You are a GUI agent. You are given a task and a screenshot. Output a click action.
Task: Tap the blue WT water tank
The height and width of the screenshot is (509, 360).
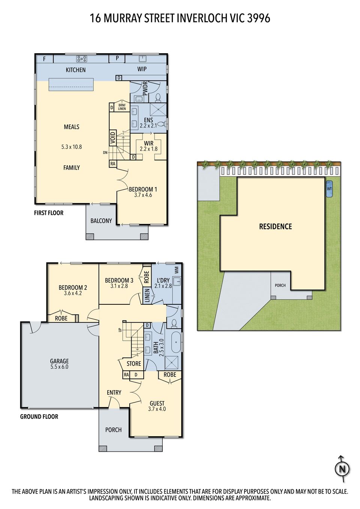point(329,189)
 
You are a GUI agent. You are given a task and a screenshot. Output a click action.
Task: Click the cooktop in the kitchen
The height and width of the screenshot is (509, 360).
point(82,59)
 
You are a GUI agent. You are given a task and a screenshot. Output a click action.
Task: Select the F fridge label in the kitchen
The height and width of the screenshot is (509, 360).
point(44,59)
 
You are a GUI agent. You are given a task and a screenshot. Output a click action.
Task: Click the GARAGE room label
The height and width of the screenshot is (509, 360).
point(59,361)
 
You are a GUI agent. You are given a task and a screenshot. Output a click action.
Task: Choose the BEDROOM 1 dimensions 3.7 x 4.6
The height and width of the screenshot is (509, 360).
point(143,195)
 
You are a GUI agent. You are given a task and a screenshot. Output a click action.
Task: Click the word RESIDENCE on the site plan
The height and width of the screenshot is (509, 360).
point(276,226)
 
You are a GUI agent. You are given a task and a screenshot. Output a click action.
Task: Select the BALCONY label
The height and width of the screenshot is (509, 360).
point(101,221)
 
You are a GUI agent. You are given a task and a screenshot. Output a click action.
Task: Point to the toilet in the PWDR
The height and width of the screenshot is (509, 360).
point(157,97)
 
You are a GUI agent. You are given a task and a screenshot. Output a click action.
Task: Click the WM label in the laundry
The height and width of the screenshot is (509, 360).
point(177,270)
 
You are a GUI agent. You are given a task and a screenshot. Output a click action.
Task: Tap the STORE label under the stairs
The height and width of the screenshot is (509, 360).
point(134,364)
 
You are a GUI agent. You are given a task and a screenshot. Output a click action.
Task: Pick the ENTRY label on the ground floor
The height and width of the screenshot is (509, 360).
point(114,392)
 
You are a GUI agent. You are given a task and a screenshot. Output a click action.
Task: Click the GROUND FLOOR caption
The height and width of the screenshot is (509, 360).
point(39,416)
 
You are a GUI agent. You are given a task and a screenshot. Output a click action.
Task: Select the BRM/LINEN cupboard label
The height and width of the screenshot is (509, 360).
point(122,107)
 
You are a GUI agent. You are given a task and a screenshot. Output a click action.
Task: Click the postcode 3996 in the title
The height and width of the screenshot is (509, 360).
point(258,18)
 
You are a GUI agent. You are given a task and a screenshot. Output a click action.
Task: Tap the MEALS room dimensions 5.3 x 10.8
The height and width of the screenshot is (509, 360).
point(72,147)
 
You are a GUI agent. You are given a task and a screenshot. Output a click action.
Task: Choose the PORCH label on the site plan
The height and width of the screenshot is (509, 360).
point(280,285)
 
